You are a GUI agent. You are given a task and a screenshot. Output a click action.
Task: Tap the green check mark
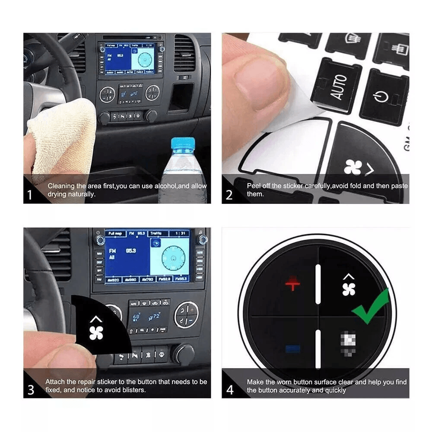tap(371, 308)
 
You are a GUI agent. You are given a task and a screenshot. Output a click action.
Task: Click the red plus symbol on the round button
tap(292, 284)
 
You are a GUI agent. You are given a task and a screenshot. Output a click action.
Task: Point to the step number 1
tap(29, 195)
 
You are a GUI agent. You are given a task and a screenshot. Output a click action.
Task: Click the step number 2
tap(229, 195)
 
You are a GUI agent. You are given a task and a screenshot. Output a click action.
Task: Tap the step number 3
tap(31, 390)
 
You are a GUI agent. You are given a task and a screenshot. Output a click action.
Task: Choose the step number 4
tap(230, 390)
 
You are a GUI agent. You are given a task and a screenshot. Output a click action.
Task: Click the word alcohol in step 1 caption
tap(165, 186)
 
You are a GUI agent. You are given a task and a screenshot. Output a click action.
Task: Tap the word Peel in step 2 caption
tap(254, 186)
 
